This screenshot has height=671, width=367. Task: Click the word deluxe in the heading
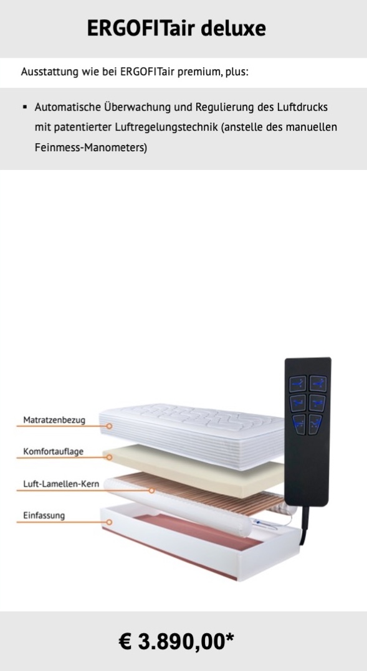[x=233, y=29]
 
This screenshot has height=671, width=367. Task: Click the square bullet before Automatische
[x=25, y=106]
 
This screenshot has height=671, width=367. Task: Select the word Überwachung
[x=137, y=107]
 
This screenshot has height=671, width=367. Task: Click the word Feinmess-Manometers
[x=91, y=148]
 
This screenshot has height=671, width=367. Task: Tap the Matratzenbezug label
[x=54, y=420]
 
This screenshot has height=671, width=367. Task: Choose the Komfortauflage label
[x=53, y=451]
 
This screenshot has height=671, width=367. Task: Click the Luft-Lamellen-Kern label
[x=61, y=484]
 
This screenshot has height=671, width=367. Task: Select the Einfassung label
[x=44, y=515]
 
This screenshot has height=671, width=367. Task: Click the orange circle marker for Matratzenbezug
[x=109, y=426]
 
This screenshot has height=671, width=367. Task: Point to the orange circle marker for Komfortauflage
[x=109, y=457]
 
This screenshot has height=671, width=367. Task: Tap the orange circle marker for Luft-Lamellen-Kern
[x=151, y=490]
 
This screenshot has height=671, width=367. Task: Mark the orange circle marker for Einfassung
[x=109, y=522]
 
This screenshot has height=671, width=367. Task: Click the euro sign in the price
[x=125, y=642]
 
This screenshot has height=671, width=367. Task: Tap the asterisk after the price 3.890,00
[x=229, y=639]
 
